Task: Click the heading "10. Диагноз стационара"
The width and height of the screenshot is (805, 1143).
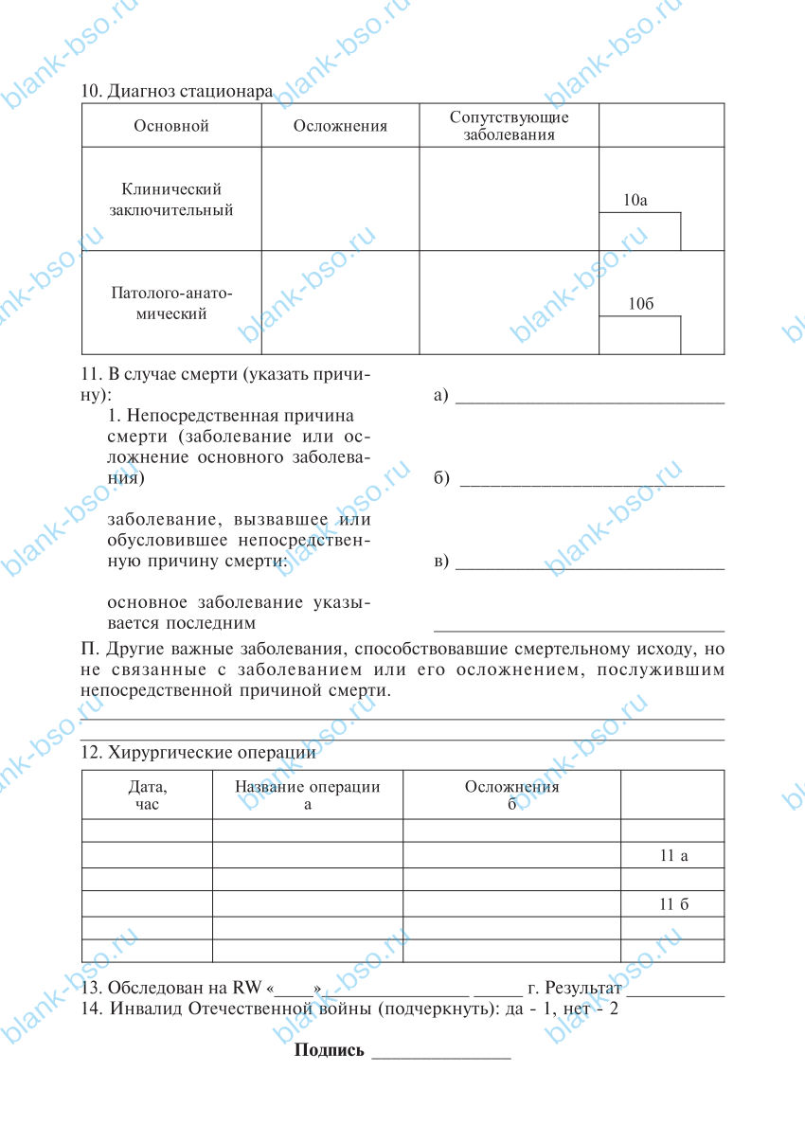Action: (177, 92)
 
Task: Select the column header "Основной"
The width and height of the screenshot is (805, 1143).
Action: (171, 126)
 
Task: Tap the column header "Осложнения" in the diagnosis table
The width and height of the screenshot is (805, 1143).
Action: (340, 126)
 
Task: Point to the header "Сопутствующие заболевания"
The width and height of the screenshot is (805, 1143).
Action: (510, 126)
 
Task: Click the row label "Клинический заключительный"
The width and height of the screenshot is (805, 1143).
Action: (171, 200)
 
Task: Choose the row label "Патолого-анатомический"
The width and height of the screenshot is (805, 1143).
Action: (171, 302)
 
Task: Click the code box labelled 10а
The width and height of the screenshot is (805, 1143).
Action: (639, 231)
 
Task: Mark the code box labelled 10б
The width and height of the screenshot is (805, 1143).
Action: (639, 334)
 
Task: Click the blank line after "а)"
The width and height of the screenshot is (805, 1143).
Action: (589, 398)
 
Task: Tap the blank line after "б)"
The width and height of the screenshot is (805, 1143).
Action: (591, 480)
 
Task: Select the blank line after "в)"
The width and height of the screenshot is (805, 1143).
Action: (589, 563)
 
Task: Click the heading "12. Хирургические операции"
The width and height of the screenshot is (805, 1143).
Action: (199, 754)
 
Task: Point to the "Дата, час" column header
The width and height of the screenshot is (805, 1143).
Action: (147, 795)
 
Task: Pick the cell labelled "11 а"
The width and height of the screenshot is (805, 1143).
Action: (673, 855)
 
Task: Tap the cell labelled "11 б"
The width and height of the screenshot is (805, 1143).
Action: (673, 904)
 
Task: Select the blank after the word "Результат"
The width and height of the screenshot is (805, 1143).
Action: (675, 991)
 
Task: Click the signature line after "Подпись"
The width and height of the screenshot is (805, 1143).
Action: (441, 1052)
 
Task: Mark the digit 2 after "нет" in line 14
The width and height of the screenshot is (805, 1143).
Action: (613, 1009)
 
